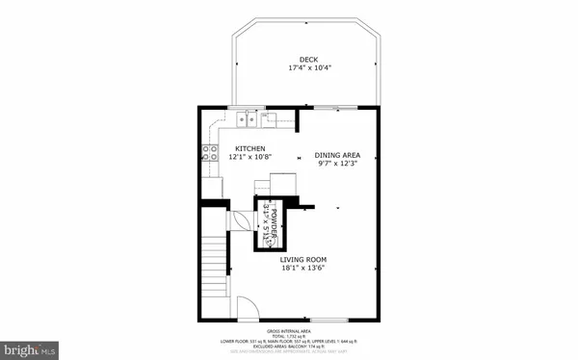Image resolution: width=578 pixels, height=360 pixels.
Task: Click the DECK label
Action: click(308, 60)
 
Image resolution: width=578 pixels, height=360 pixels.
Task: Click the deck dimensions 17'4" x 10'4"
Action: click(308, 68)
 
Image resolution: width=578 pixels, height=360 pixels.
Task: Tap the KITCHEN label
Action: click(250, 149)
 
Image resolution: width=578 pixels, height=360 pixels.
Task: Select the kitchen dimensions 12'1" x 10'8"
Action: click(250, 158)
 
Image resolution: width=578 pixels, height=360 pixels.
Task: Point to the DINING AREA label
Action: click(337, 155)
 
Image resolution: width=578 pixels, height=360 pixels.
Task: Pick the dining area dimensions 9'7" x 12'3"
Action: click(337, 164)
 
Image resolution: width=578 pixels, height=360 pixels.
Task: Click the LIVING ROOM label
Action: click(308, 260)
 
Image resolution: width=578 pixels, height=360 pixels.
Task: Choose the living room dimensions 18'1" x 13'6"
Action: click(308, 270)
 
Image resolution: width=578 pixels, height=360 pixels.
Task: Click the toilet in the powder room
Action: click(266, 238)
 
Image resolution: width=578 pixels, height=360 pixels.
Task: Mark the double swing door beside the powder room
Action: click(238, 219)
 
